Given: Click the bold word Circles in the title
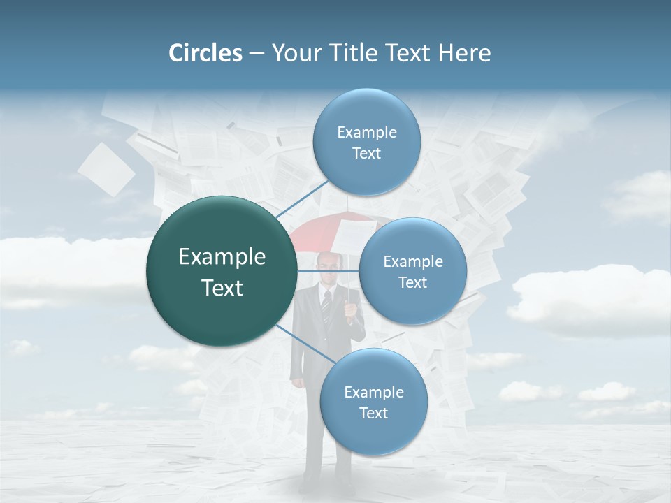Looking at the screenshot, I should point(205,53).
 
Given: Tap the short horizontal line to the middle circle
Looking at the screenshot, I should point(329,271).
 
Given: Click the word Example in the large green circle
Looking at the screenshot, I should point(222,257).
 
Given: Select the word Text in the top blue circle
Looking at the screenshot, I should point(366,154).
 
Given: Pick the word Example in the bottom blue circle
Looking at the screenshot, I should point(373,393).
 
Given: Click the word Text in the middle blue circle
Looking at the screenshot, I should point(412,283).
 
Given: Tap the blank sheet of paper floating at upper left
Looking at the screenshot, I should point(106,169).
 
